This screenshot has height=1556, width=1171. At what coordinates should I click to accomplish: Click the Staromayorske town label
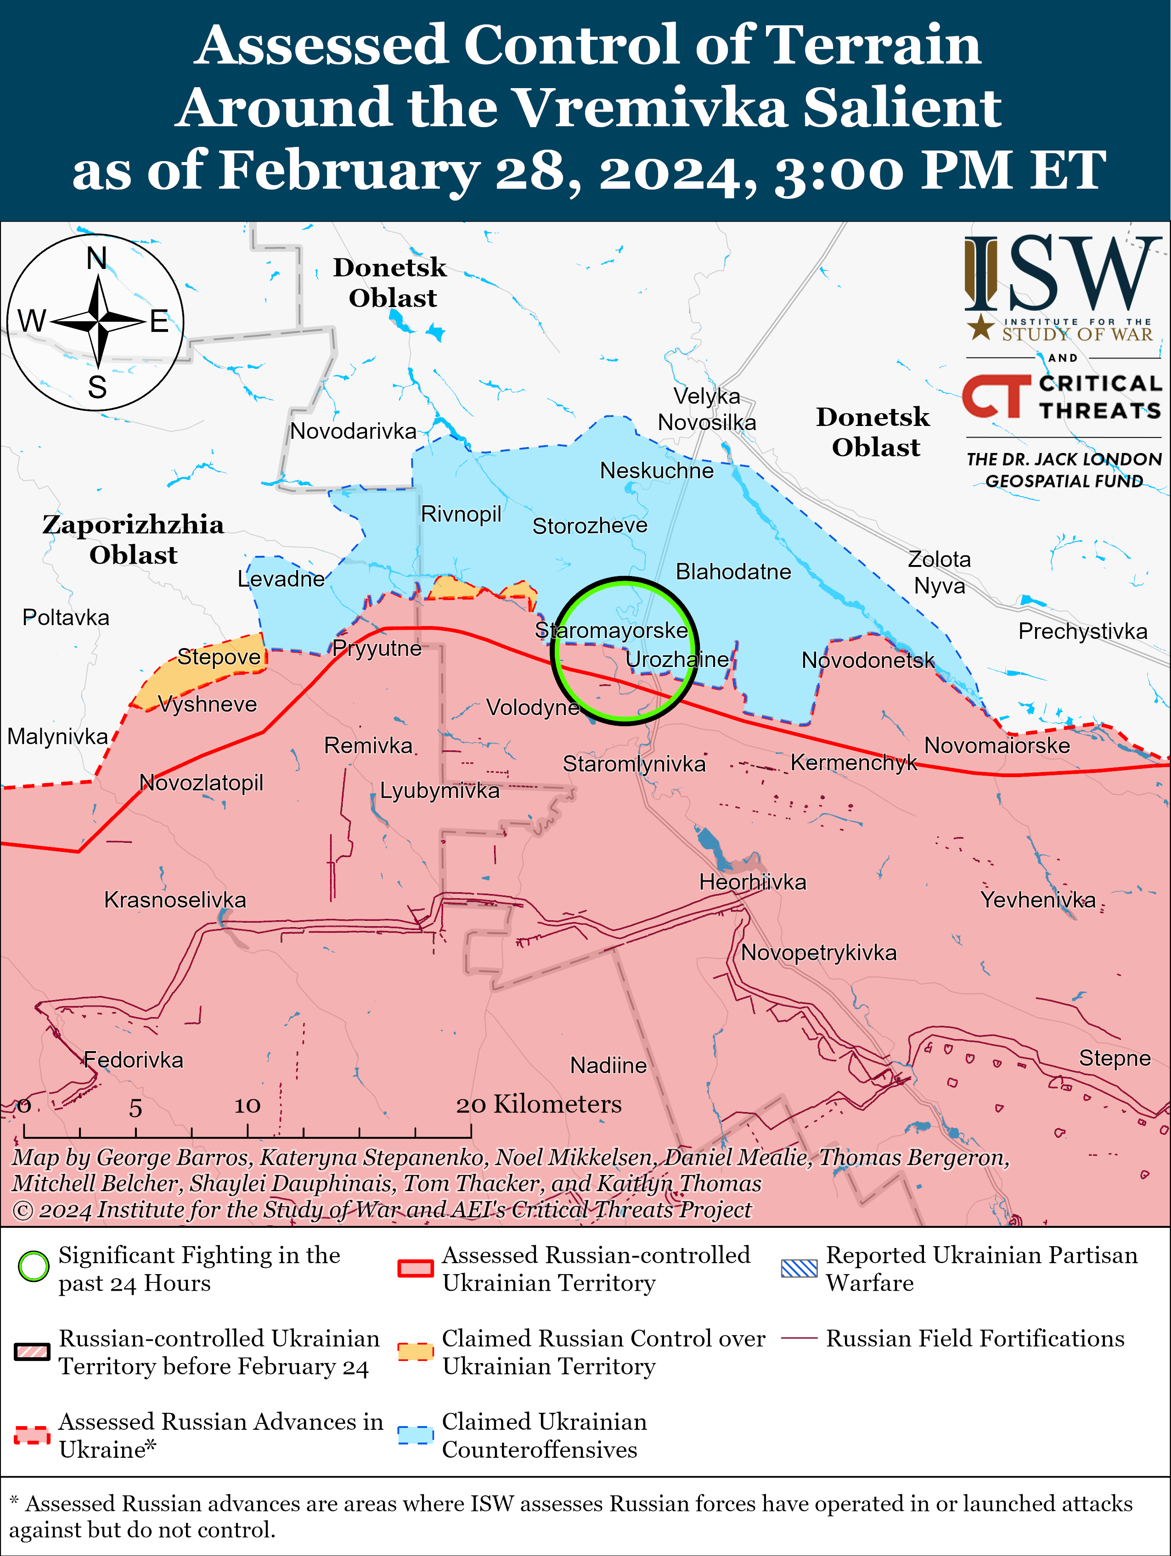pos(611,630)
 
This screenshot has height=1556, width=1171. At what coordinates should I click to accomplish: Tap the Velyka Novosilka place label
pos(707,409)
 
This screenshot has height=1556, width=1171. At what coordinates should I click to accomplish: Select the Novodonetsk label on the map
pos(868,660)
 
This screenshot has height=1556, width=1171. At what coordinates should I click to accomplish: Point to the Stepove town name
pos(219,657)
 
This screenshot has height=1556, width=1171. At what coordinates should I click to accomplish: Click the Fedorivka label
pos(133,1060)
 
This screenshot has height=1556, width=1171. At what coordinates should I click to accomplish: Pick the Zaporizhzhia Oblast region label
pos(133,539)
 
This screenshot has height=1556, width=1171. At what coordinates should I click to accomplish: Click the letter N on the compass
pos(96,259)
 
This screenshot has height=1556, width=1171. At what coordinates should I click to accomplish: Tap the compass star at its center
pos(98,321)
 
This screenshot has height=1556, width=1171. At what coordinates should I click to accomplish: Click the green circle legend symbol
pos(33,1266)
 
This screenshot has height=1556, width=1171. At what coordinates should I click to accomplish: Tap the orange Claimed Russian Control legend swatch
pos(415,1351)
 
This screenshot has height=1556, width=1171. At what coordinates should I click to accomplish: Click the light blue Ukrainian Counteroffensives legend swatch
pos(415,1435)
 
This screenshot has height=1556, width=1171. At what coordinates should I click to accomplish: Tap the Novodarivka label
pos(353,431)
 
